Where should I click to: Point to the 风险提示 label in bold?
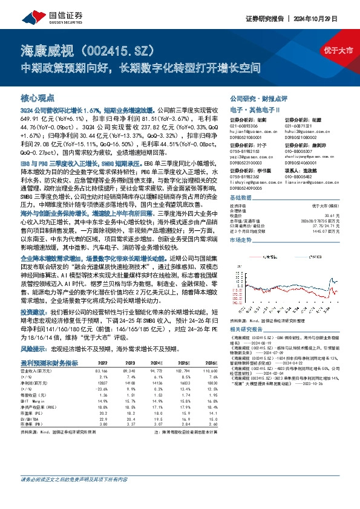point(35,349)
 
